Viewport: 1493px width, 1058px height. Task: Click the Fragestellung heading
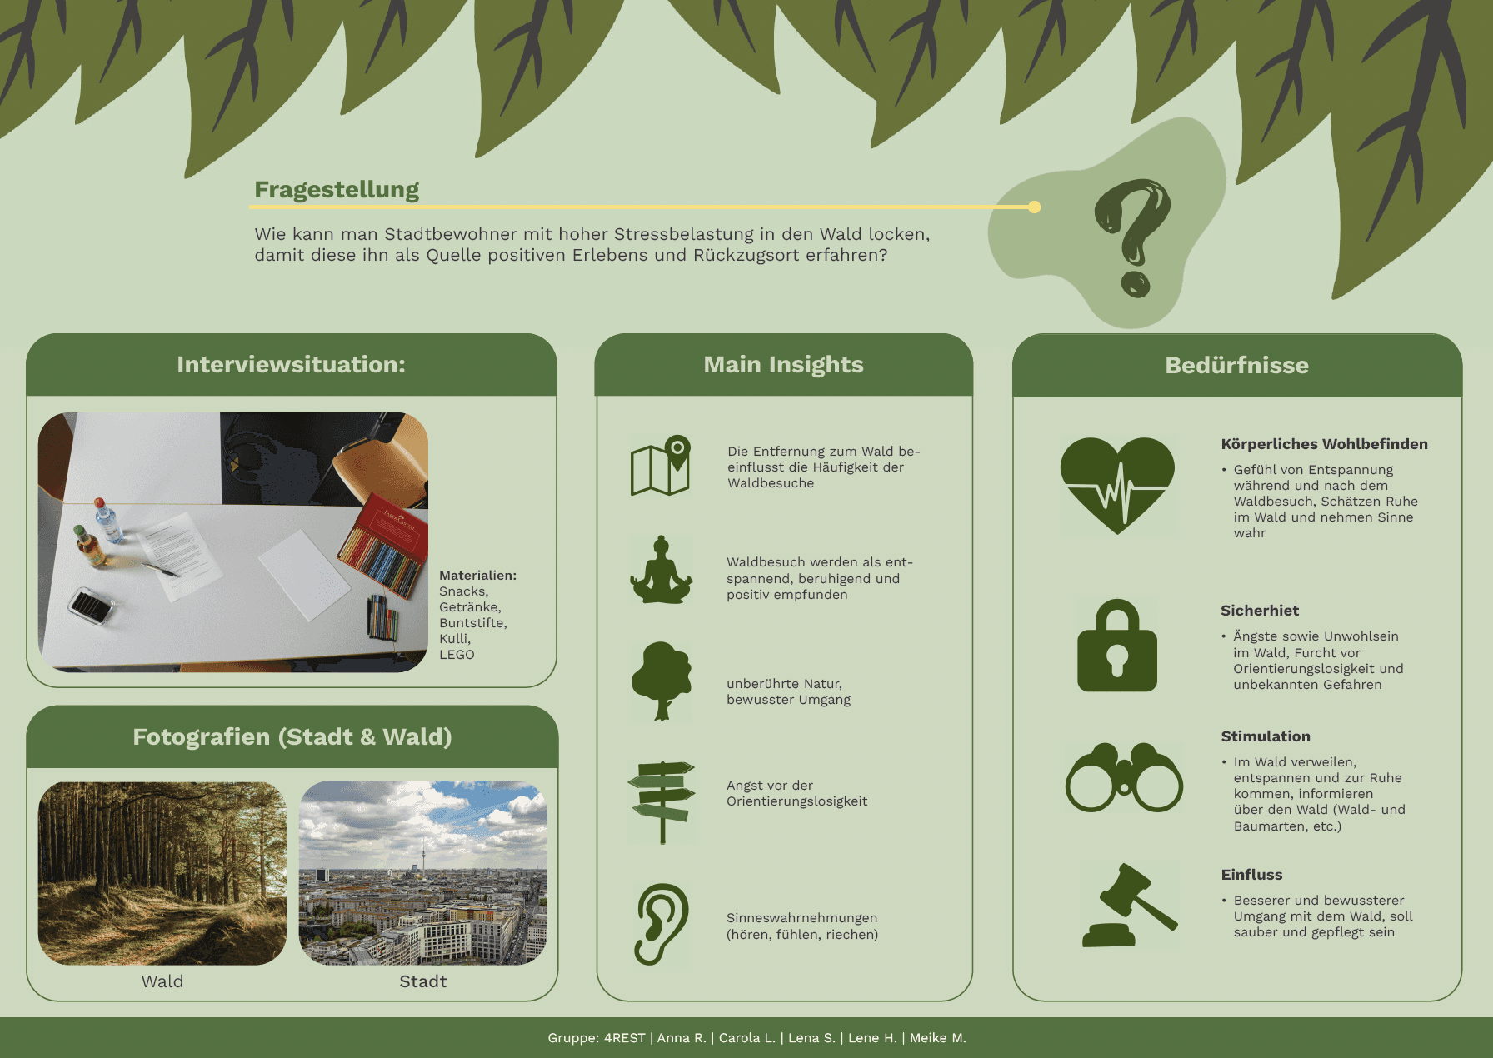point(337,190)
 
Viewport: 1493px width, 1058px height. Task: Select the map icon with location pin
point(661,465)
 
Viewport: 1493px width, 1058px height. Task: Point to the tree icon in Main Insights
point(662,681)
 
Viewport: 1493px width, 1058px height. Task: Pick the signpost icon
point(662,801)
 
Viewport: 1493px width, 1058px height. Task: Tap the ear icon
point(662,924)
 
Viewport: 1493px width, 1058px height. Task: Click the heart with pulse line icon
point(1117,486)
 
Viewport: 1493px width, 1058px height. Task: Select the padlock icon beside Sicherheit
point(1117,646)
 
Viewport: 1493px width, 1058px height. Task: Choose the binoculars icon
point(1124,777)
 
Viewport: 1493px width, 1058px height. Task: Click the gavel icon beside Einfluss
point(1130,906)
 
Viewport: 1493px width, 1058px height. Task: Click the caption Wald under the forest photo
point(162,981)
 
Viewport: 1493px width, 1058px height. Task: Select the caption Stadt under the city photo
point(423,981)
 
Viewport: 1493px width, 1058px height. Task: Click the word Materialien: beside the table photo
point(477,576)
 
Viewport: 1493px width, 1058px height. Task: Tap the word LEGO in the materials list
point(457,655)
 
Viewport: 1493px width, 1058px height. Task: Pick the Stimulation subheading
point(1266,736)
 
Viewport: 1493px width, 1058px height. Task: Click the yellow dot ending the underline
point(1034,207)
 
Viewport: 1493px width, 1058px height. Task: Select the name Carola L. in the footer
point(746,1038)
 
